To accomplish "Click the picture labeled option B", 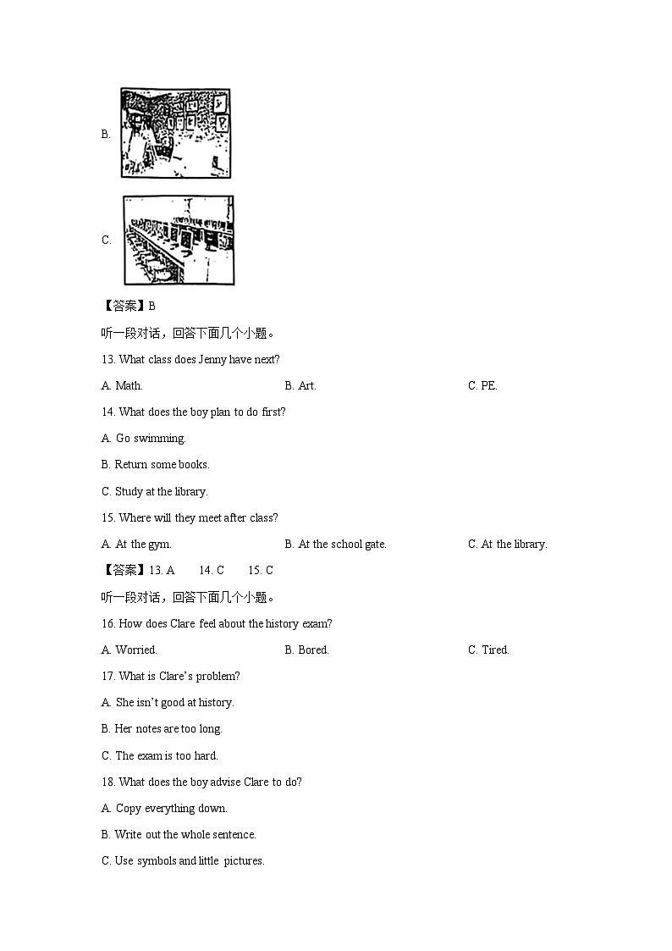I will point(175,133).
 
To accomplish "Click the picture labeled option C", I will point(179,241).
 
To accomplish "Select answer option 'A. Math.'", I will point(122,385).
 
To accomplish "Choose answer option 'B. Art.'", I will point(300,385).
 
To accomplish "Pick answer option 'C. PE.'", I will point(482,385).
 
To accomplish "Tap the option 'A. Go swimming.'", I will point(143,438).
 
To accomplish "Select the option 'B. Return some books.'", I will point(155,464).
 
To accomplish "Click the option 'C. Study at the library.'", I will point(154,491).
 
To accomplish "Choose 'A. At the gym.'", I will point(136,544).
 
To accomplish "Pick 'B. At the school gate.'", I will point(335,544).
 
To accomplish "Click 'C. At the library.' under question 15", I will point(507,544).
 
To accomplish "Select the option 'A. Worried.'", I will point(129,650).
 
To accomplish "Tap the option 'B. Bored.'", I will point(306,650).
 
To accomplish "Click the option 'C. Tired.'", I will point(488,650).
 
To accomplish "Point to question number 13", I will point(108,359).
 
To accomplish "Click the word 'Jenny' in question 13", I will point(213,359).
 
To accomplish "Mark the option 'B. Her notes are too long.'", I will point(162,728).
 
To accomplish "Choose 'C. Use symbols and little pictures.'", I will point(183,860).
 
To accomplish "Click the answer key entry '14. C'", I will point(212,570).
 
